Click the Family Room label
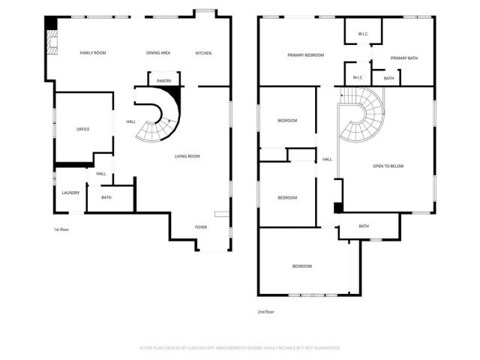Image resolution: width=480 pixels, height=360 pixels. (94, 52)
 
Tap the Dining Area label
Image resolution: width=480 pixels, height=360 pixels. (158, 52)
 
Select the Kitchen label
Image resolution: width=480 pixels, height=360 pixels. (203, 52)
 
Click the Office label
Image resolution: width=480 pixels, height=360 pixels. (83, 129)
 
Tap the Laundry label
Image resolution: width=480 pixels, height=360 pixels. (71, 193)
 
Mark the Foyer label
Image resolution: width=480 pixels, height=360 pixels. (201, 226)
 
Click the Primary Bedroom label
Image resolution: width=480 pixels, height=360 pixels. (306, 55)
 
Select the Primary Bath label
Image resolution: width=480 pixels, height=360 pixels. (403, 58)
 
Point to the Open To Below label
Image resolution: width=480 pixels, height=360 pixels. (388, 166)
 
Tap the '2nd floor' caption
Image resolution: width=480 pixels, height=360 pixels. (265, 312)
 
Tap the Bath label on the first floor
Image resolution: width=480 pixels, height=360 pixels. (106, 197)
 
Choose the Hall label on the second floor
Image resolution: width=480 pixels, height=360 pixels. (327, 159)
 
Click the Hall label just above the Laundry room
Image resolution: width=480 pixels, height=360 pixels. (101, 174)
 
